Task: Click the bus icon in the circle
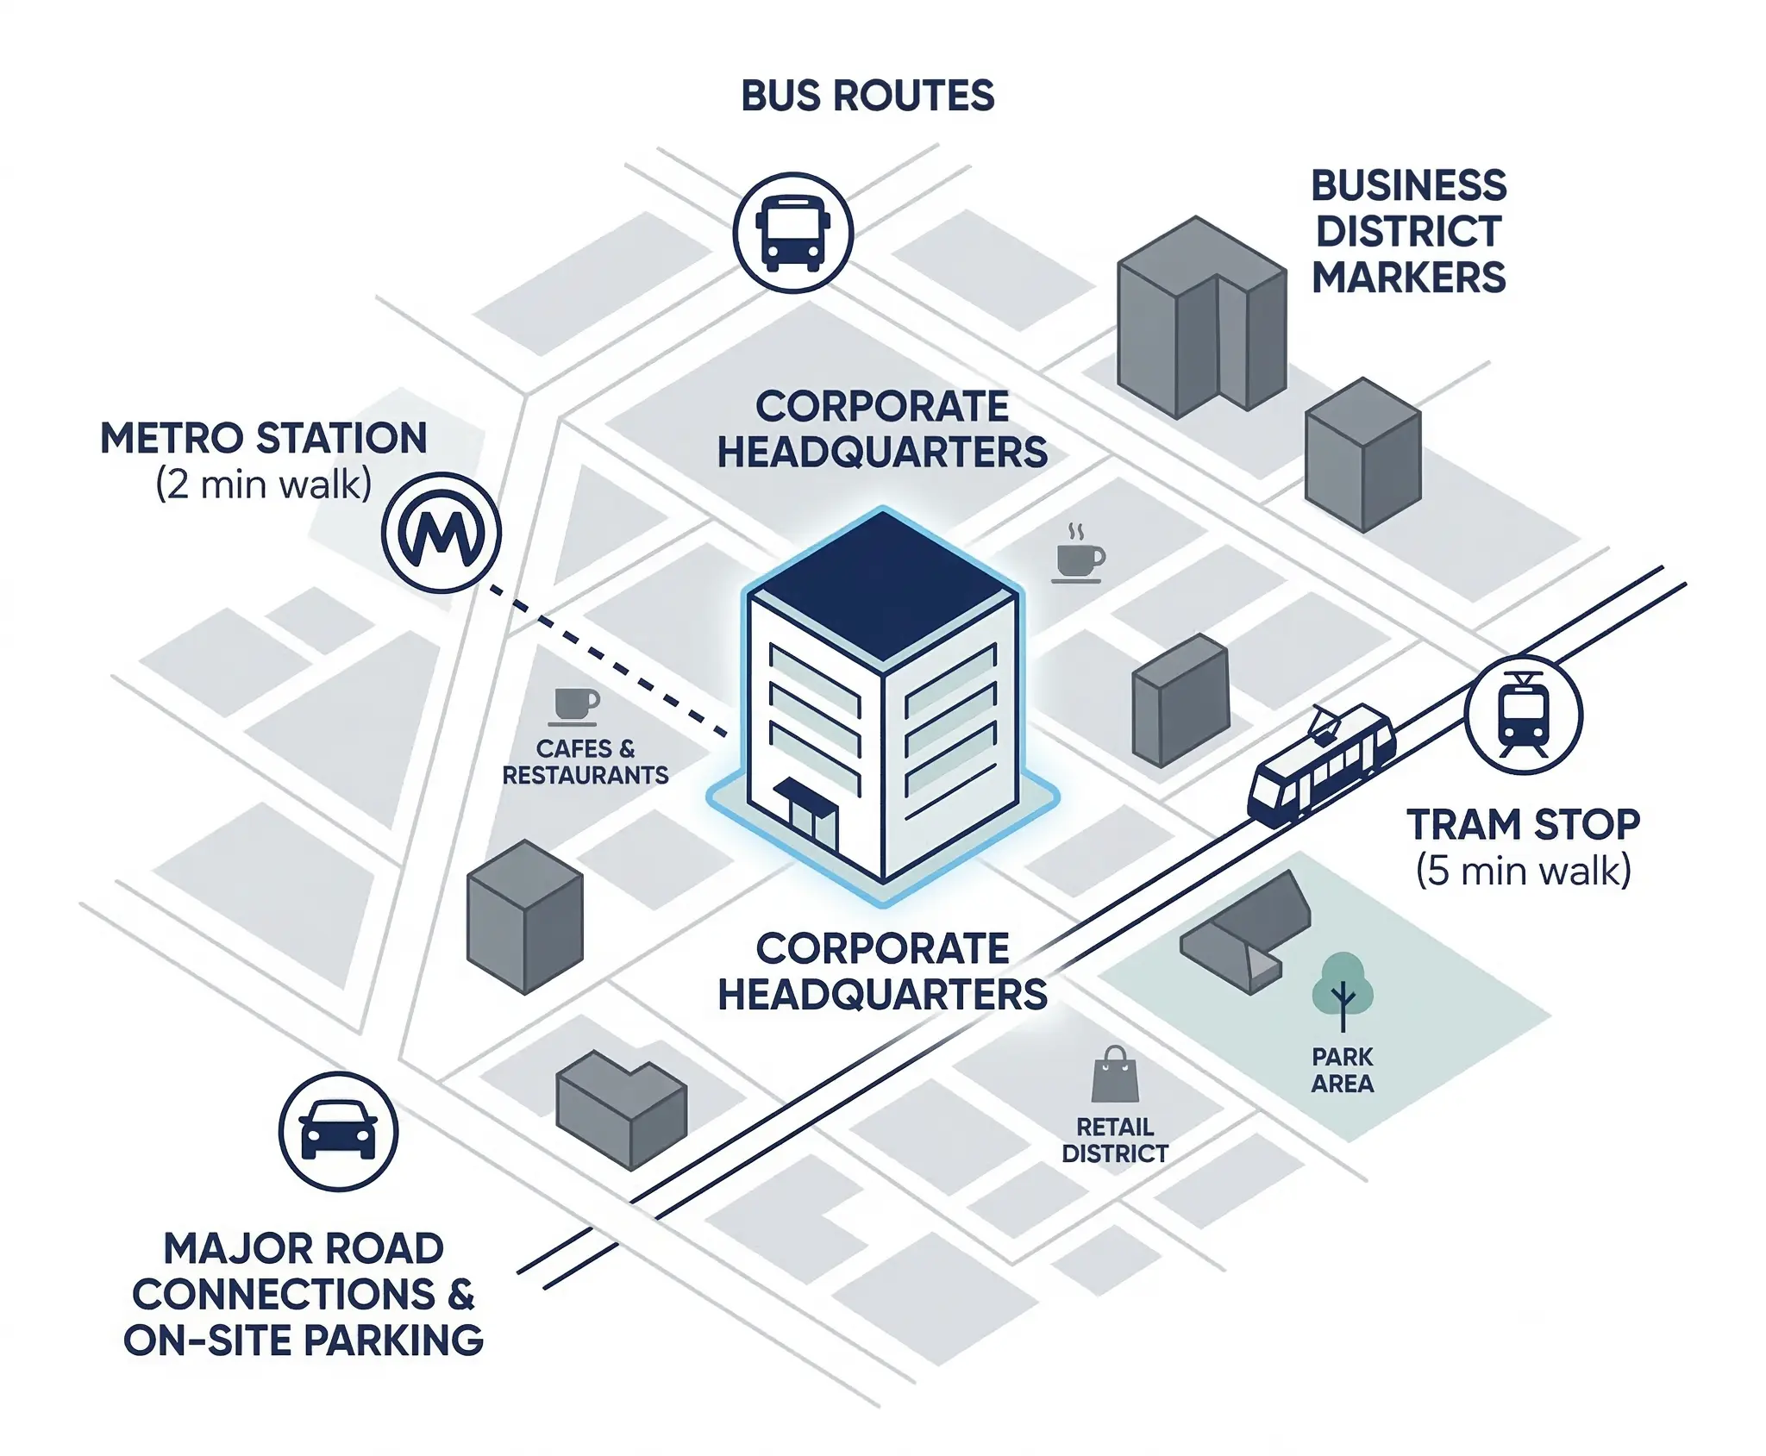(792, 233)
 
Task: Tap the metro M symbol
(441, 533)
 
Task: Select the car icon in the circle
(338, 1131)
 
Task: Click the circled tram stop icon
(1523, 715)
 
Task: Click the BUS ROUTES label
(867, 96)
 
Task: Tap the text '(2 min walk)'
(263, 484)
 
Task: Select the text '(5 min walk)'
(1523, 871)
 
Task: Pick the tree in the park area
(1342, 989)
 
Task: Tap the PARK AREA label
(1342, 1070)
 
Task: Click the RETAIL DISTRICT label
(1114, 1140)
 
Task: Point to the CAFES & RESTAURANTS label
(585, 762)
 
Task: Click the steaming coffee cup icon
(1079, 556)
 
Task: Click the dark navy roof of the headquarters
(882, 586)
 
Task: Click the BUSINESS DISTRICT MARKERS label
(1408, 231)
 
